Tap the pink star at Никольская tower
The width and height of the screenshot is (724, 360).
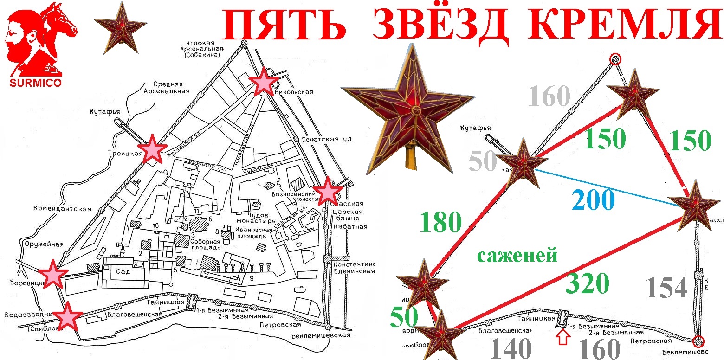click(x=264, y=82)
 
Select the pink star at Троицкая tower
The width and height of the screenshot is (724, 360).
click(x=152, y=149)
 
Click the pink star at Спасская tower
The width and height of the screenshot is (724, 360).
click(x=328, y=191)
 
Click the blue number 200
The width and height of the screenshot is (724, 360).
click(x=593, y=201)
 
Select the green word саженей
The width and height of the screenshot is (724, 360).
click(x=517, y=255)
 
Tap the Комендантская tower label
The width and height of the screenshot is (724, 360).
click(x=62, y=209)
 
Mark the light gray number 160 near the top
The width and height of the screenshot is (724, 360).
click(x=549, y=96)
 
